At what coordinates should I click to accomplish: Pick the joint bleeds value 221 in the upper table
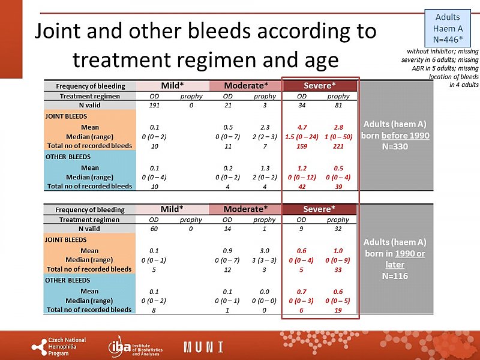pyautogui.click(x=339, y=146)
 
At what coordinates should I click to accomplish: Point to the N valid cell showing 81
pyautogui.click(x=339, y=106)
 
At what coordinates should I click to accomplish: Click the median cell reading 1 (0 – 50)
pyautogui.click(x=339, y=136)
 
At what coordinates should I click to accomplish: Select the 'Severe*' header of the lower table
pyautogui.click(x=319, y=209)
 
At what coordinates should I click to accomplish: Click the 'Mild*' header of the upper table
pyautogui.click(x=172, y=85)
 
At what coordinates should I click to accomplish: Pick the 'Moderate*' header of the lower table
pyautogui.click(x=246, y=209)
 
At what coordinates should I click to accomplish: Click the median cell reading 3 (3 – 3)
pyautogui.click(x=265, y=260)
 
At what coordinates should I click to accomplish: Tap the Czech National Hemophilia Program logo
pyautogui.click(x=59, y=346)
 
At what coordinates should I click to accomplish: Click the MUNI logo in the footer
pyautogui.click(x=203, y=347)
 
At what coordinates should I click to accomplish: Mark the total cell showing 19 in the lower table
pyautogui.click(x=339, y=310)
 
